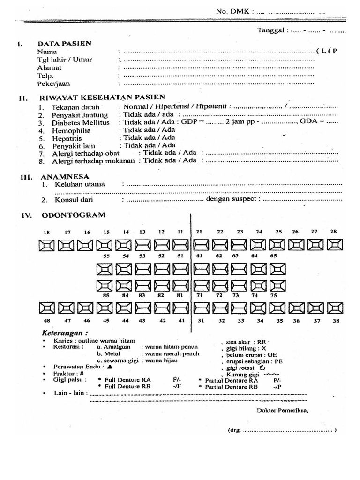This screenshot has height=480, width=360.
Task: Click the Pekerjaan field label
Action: (x=54, y=83)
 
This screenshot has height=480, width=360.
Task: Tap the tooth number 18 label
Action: (x=46, y=232)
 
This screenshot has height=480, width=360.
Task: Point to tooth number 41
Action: (x=181, y=321)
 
